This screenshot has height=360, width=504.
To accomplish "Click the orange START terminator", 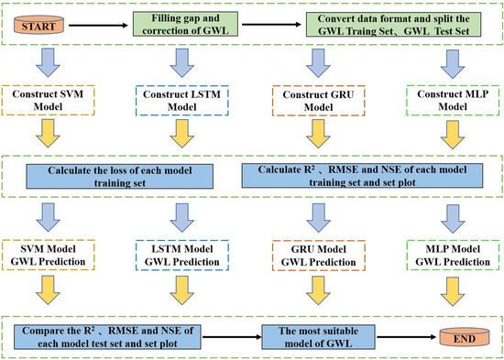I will click(36, 26).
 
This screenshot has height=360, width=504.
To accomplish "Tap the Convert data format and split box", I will click(393, 26).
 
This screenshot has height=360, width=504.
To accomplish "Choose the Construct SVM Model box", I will click(49, 100).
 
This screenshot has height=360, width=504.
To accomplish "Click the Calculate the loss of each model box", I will click(125, 177).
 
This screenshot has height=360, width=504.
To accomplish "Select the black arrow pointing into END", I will click(408, 334).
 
